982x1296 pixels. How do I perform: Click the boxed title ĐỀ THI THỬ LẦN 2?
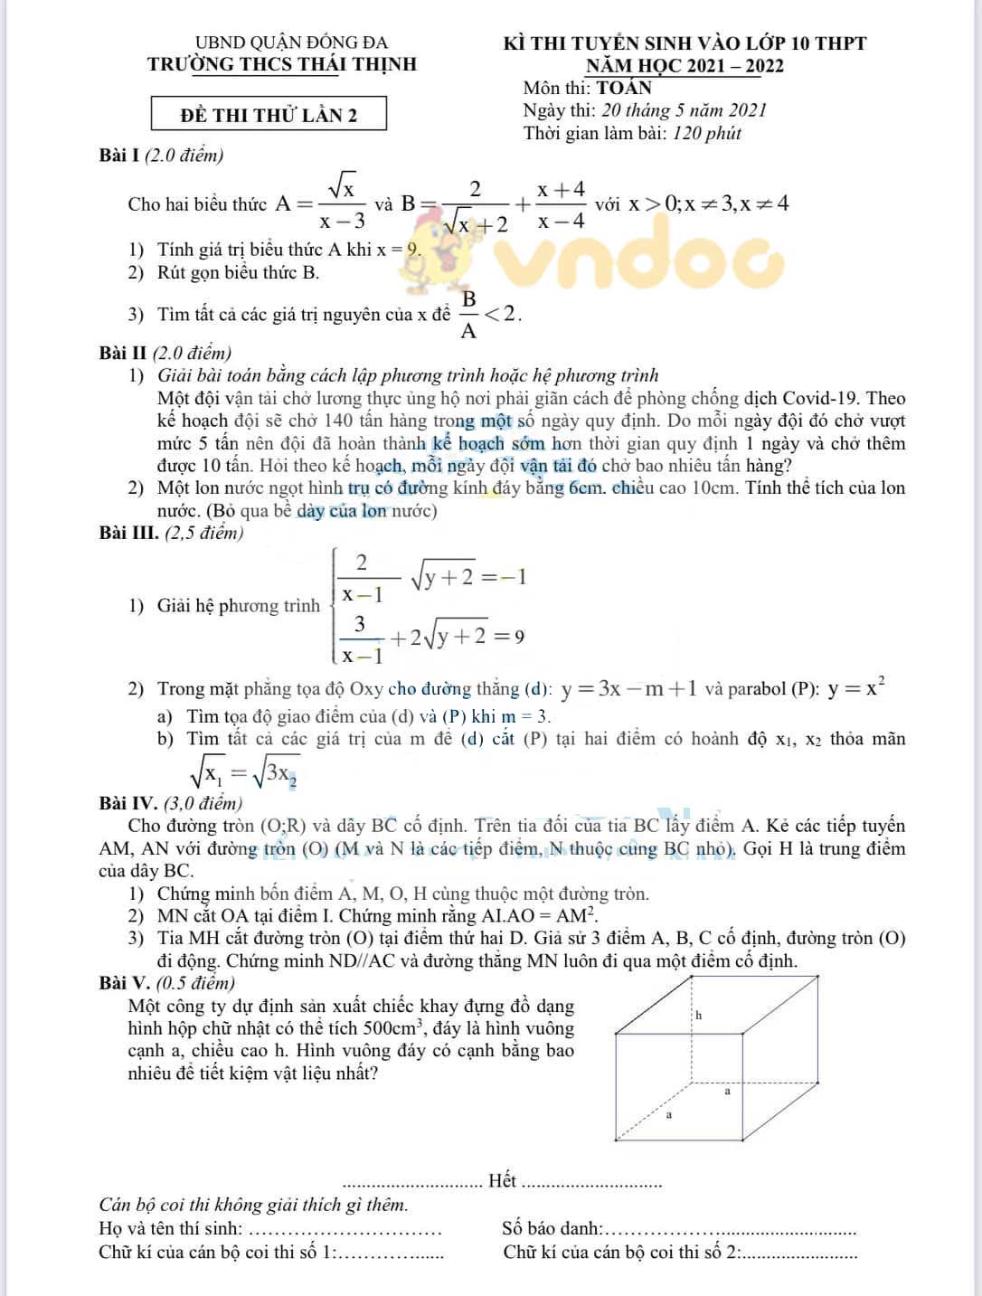point(269,115)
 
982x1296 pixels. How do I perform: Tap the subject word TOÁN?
point(624,88)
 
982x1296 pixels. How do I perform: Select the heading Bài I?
point(118,155)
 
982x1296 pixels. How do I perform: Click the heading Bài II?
point(123,353)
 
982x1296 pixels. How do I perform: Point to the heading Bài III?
point(128,533)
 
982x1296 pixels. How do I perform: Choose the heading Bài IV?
point(127,803)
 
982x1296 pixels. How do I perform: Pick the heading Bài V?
point(124,983)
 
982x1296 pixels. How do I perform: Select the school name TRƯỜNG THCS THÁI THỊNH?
point(282,64)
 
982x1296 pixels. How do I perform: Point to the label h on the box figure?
point(698,1016)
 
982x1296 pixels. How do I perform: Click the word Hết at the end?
point(502,1180)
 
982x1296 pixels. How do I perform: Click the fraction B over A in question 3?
point(468,315)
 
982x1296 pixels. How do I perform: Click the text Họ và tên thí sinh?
point(171,1228)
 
